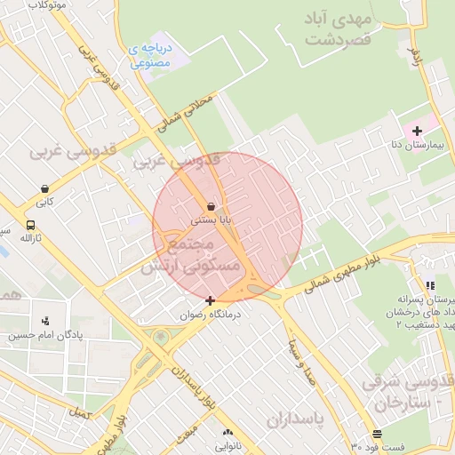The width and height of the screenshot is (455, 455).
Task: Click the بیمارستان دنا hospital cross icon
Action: click(417, 131)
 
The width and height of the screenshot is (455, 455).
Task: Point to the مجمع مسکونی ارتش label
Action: click(203, 253)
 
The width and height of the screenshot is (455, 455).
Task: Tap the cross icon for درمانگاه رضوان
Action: click(210, 300)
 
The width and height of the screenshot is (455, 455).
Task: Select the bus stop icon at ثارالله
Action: click(31, 226)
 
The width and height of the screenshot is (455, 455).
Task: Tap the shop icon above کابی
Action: click(44, 188)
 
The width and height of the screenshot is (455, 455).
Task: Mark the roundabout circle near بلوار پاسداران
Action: click(160, 338)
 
